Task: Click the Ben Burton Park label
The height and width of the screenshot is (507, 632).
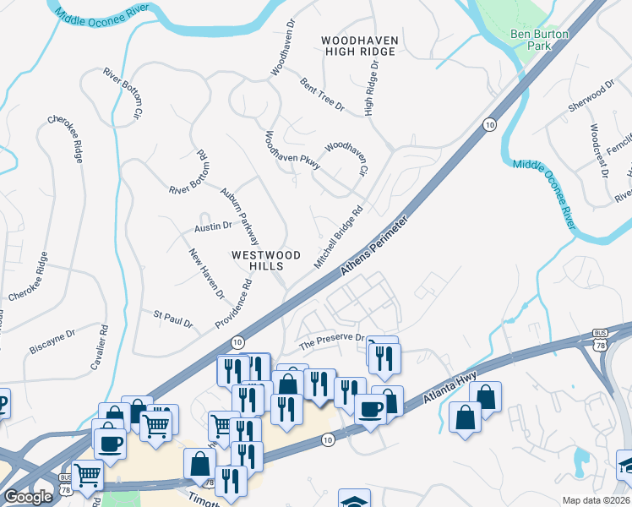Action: [540, 41]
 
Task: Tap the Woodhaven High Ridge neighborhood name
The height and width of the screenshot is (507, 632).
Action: [359, 46]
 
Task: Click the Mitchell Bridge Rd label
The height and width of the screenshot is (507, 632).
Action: [338, 237]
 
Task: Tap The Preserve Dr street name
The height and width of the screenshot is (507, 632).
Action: [333, 341]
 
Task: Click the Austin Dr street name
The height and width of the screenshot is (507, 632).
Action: [213, 226]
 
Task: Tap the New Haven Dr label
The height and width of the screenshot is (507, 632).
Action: [206, 274]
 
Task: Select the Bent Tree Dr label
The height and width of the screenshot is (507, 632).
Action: [322, 95]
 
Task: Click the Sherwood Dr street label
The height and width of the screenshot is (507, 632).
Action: [591, 99]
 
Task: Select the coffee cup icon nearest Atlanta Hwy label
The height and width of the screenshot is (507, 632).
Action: [369, 409]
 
